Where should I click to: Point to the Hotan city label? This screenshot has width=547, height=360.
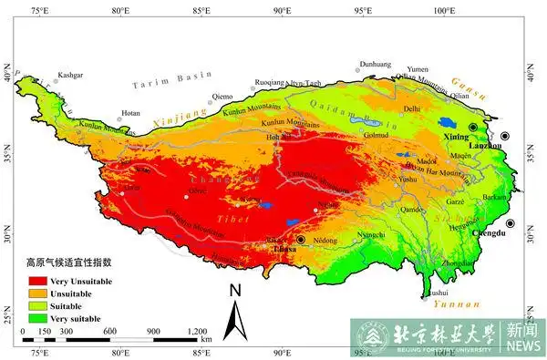point(130,113)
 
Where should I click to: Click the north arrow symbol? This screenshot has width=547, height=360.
point(235,310)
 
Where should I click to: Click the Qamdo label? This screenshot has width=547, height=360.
point(412,209)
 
